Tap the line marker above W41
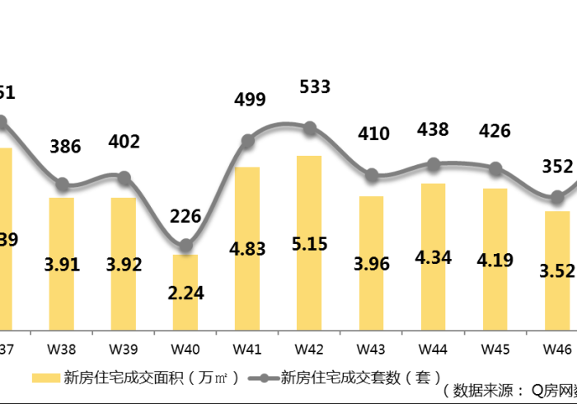coord(247,141)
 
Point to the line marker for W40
coord(185,246)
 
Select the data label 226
coord(185,217)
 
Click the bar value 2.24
coord(185,293)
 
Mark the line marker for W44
coord(434,164)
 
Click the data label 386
coord(65,147)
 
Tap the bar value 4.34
coord(434,257)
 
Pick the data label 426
coord(495,131)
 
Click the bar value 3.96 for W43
coord(372,265)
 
